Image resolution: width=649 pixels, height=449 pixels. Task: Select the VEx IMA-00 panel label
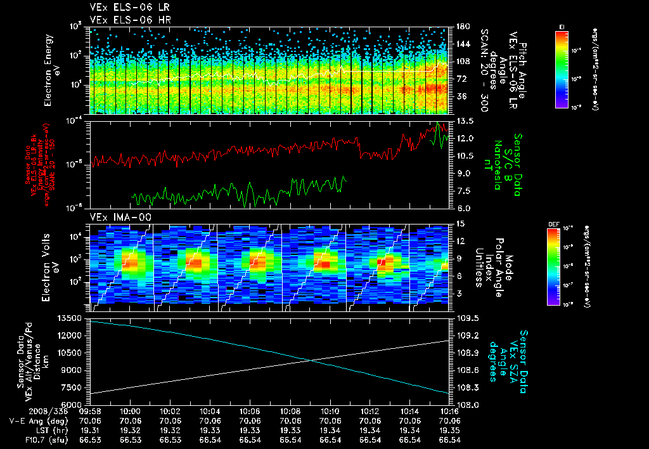point(116,217)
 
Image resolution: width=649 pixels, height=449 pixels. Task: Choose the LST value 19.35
point(449,429)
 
